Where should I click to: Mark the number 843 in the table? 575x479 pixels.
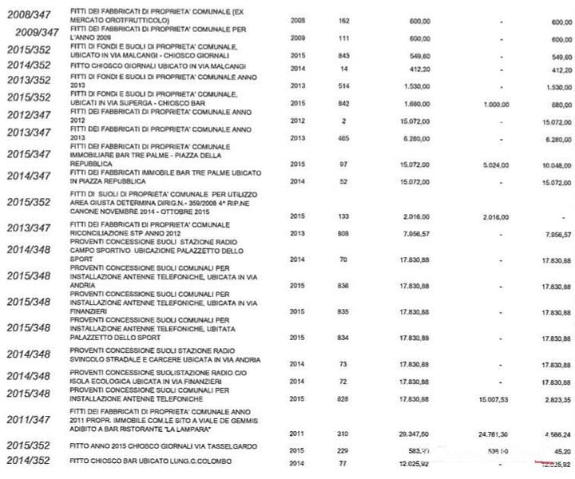[343, 56]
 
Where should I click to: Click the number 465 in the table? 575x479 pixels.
[343, 138]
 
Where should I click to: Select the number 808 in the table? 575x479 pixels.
[343, 234]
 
